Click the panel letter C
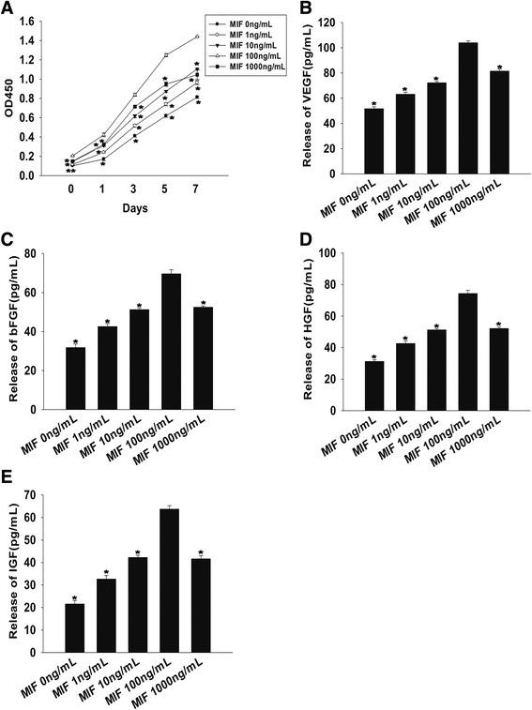click(9, 241)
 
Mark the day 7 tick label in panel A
click(197, 188)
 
